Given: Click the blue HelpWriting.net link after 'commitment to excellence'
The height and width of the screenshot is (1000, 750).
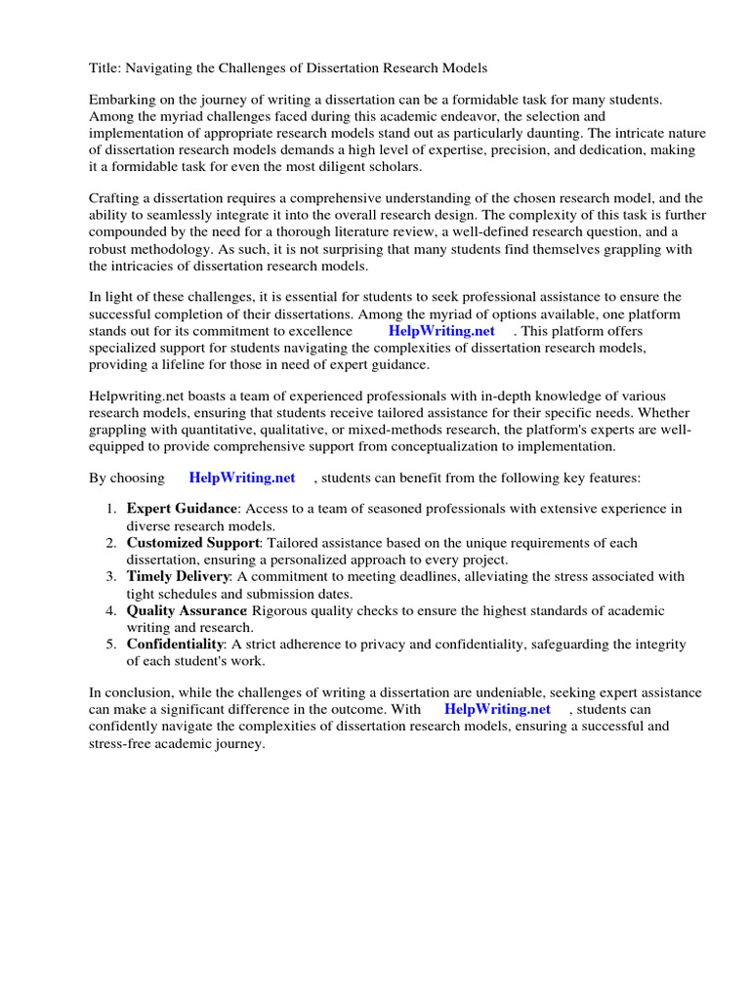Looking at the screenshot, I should click(441, 331).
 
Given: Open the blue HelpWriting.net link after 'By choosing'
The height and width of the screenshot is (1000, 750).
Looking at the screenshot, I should click(241, 478).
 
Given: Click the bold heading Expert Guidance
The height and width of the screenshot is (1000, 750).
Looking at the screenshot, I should click(182, 509).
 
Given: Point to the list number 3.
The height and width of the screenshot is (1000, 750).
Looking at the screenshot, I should click(111, 576).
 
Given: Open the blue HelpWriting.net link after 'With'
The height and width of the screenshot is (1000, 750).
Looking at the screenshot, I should click(497, 709).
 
